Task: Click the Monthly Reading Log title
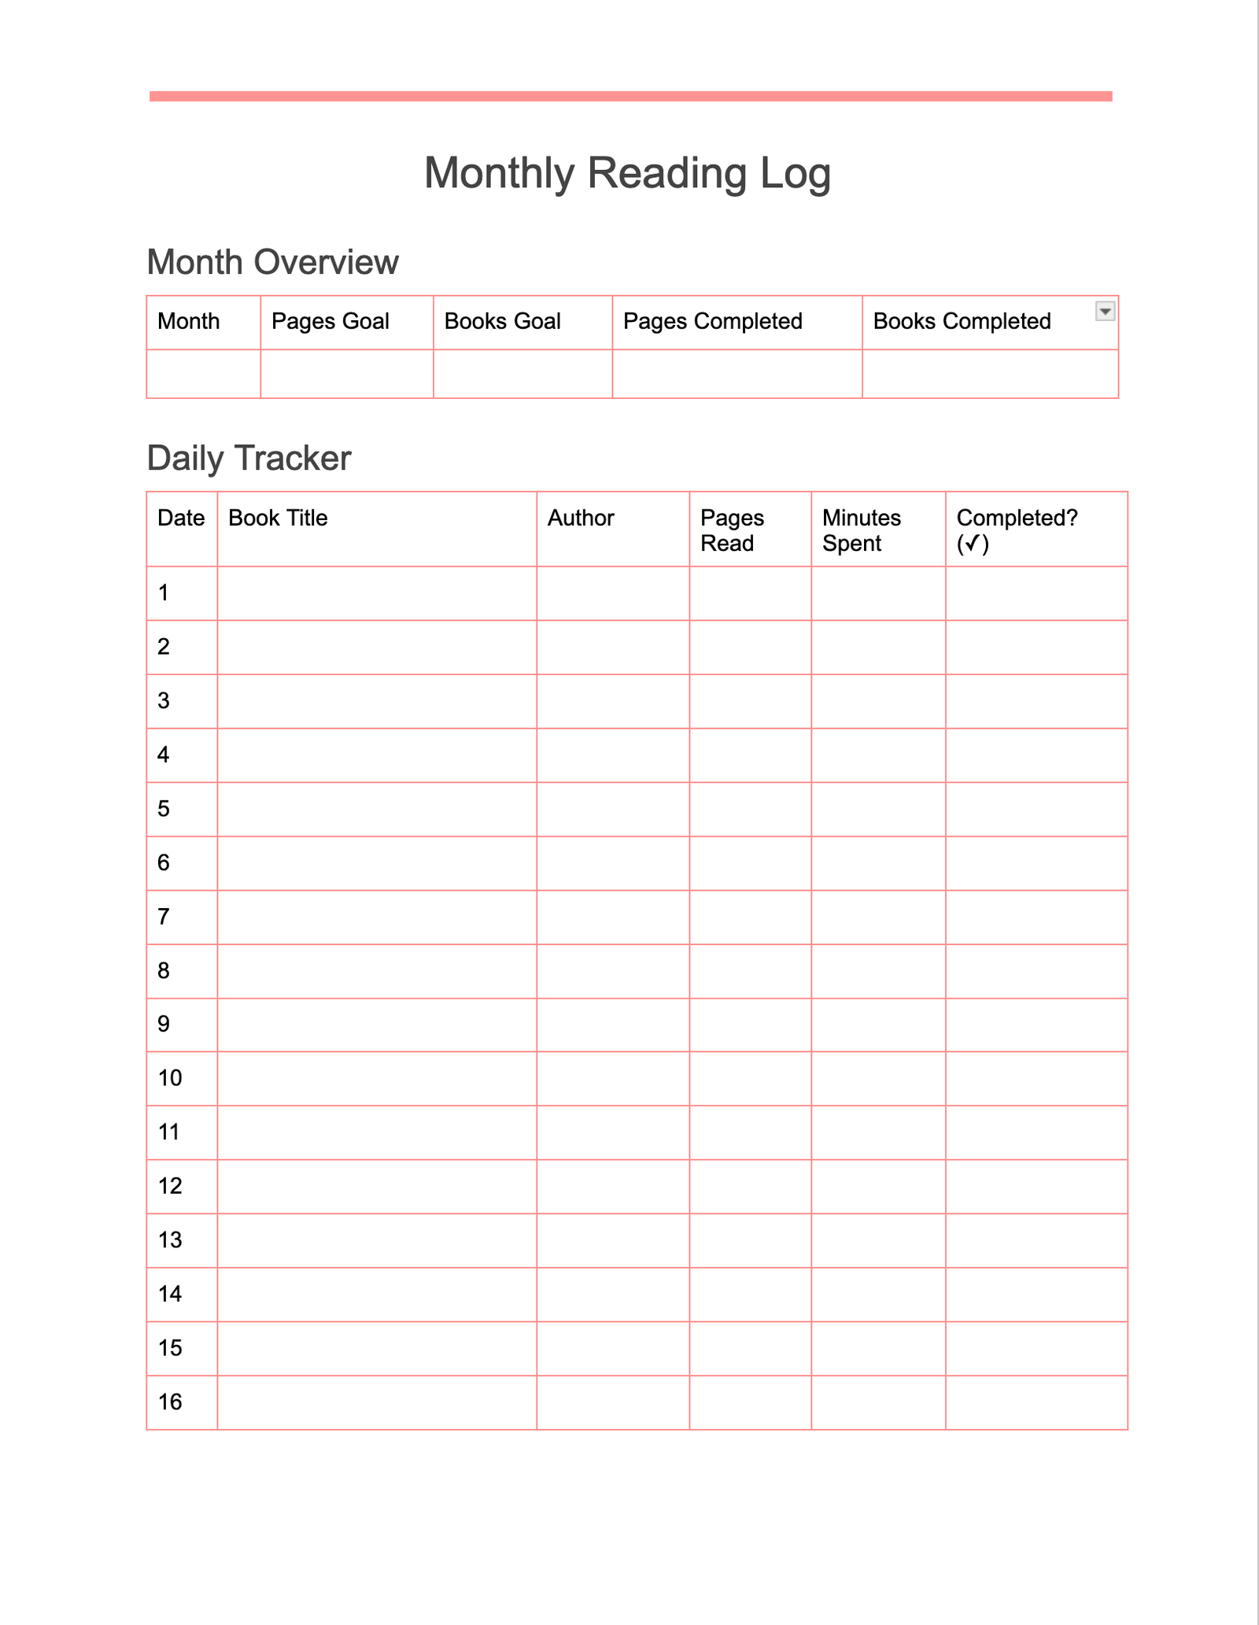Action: (627, 173)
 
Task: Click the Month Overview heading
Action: (272, 262)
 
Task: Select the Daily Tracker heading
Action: (249, 458)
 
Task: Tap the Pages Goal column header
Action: (330, 321)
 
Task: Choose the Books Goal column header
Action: (502, 321)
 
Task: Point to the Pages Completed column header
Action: (712, 321)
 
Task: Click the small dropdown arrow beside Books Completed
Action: (1105, 311)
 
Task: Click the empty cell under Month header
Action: (203, 374)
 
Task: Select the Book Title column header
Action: (278, 518)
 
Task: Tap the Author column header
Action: (581, 518)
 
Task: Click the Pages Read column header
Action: (732, 530)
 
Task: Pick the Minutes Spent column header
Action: (862, 530)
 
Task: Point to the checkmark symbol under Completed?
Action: (973, 544)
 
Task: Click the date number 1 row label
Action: (164, 593)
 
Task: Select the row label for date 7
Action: (164, 917)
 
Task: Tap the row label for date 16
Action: (170, 1402)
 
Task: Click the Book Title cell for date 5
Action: (377, 809)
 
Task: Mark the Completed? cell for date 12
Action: (1036, 1186)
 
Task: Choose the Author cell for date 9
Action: (612, 1025)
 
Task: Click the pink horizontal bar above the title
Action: (630, 96)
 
